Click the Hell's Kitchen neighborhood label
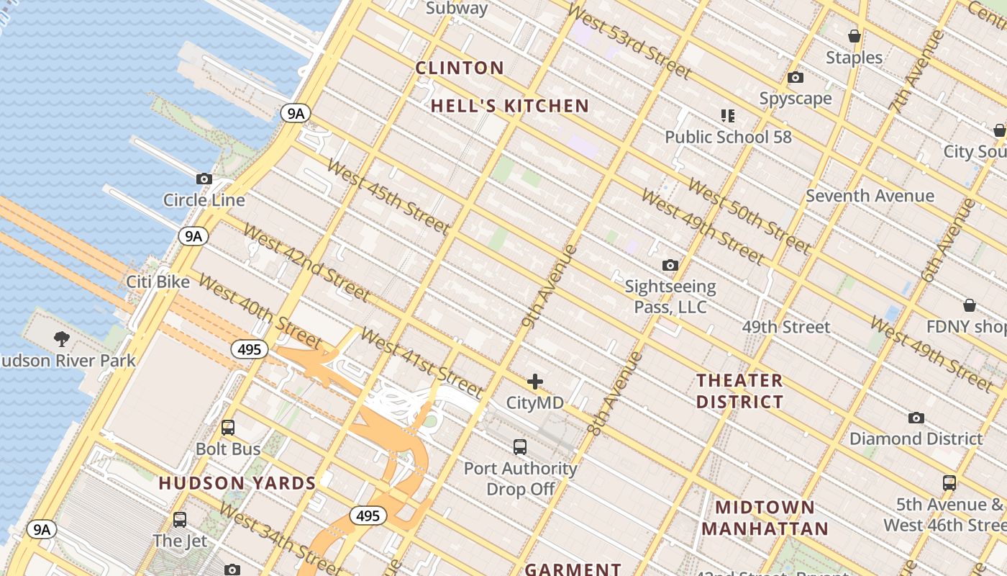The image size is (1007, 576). click(509, 107)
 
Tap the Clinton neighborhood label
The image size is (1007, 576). click(460, 68)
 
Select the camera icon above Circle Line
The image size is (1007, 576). click(204, 179)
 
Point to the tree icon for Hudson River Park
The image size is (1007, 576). click(62, 338)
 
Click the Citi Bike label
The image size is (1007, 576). click(158, 282)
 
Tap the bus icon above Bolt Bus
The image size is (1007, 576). click(228, 428)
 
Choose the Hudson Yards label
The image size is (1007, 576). click(237, 483)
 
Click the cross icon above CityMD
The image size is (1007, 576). click(534, 382)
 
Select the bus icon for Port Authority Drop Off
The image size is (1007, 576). click(520, 447)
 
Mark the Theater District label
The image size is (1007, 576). click(739, 391)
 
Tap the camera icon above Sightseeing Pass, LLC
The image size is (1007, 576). click(670, 266)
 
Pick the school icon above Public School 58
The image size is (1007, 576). click(727, 116)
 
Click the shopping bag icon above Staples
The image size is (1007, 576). click(854, 36)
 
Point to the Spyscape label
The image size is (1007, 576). click(796, 99)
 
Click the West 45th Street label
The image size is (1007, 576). click(388, 196)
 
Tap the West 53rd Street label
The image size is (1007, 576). click(629, 42)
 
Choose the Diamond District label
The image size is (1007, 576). click(916, 438)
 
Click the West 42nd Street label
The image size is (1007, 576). click(307, 263)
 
